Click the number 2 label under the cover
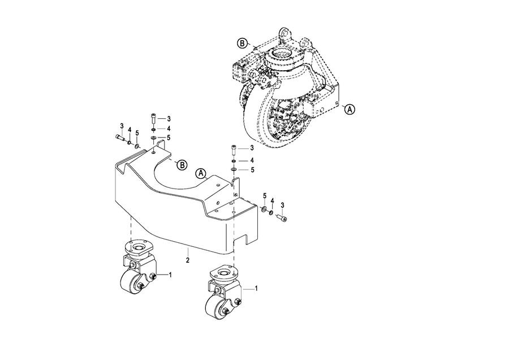188,260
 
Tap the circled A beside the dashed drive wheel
350,109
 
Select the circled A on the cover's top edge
201,174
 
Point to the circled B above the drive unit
242,43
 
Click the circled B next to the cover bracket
182,165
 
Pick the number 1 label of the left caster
170,275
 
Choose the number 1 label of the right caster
256,288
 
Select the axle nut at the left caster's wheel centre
141,286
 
